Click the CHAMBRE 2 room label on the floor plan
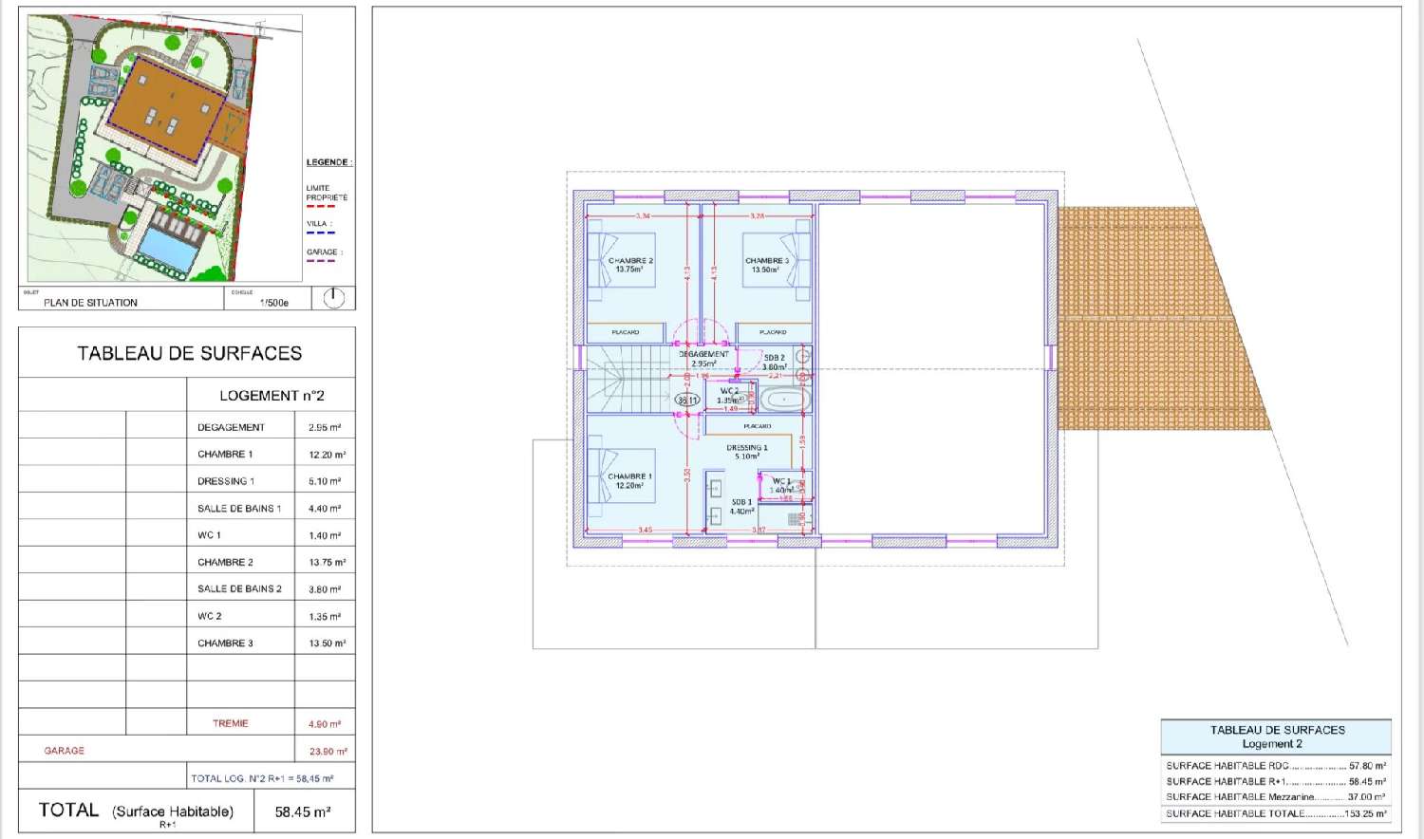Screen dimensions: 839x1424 (x=630, y=261)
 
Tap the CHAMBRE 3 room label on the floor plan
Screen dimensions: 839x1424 (x=766, y=261)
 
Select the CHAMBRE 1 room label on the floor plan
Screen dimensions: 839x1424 (x=629, y=476)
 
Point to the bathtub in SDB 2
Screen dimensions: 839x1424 (x=784, y=399)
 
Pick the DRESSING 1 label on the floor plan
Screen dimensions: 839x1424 (x=747, y=448)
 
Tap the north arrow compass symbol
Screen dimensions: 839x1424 (x=333, y=298)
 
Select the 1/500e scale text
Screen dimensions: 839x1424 (x=273, y=303)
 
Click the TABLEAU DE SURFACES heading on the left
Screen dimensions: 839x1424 (x=189, y=353)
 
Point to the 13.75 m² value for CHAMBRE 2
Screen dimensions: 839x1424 (x=327, y=562)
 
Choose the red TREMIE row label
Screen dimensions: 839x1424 (x=230, y=723)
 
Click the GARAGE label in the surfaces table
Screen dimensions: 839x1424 (x=64, y=751)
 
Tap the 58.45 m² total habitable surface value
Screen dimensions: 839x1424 (x=303, y=811)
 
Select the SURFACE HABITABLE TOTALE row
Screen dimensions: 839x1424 (x=1275, y=813)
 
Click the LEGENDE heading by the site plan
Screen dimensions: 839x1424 (x=328, y=162)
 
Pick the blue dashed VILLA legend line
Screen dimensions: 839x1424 (x=320, y=233)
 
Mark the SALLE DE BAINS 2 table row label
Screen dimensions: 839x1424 (x=239, y=588)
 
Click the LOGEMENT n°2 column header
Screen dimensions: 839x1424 (x=272, y=395)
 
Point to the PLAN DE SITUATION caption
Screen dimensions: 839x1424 (x=90, y=303)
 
